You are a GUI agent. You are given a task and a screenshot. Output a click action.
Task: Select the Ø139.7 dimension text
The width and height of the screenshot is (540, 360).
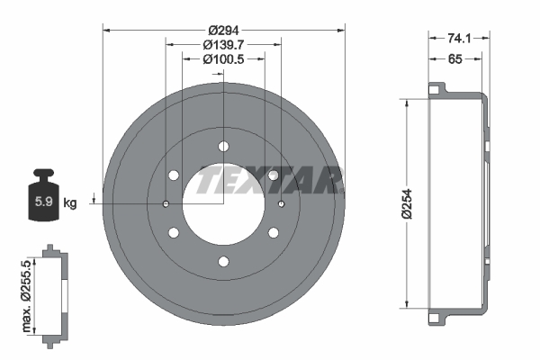(x=223, y=42)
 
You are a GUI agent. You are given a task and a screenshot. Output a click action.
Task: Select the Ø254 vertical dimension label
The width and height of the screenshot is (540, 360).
(x=407, y=203)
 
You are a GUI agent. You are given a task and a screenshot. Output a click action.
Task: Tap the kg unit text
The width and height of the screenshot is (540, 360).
(x=70, y=202)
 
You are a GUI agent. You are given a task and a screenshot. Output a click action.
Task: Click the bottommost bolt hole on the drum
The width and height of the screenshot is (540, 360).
(x=223, y=262)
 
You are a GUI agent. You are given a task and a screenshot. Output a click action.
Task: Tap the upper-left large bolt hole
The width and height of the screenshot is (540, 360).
(x=174, y=175)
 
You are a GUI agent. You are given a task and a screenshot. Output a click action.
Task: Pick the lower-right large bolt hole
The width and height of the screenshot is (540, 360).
(x=273, y=233)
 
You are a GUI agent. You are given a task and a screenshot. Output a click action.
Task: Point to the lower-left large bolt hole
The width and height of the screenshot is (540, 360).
(x=174, y=233)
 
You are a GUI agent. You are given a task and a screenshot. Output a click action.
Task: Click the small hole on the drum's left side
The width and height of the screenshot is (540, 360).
(x=166, y=204)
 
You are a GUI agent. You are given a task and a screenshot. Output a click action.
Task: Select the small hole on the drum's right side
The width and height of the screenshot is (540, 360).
(x=282, y=204)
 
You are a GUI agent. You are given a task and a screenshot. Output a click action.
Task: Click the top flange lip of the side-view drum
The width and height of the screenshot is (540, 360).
(x=438, y=90)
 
